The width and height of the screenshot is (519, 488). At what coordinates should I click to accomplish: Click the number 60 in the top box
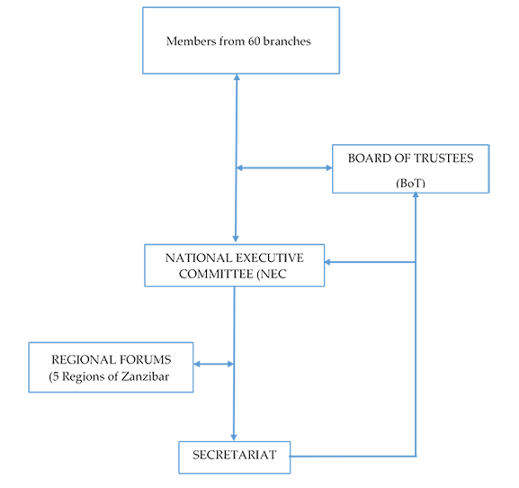pos(255,41)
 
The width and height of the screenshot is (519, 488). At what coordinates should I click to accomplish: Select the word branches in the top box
pos(287,41)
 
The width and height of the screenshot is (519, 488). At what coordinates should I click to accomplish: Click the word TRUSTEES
pos(443,158)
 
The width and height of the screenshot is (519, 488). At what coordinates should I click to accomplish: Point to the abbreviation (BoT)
pos(410,183)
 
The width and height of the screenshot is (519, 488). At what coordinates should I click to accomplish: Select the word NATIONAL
pos(199,258)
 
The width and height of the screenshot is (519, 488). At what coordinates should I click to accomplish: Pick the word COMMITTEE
pos(216,274)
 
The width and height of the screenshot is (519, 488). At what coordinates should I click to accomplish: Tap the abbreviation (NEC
pos(272,274)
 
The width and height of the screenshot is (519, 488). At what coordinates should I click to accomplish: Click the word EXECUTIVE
pos(270,258)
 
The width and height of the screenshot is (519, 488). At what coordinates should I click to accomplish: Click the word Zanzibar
pos(145,376)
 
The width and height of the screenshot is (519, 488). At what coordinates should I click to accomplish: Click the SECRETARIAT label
pos(235,455)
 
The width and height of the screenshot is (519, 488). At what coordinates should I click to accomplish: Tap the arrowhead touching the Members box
pos(237,77)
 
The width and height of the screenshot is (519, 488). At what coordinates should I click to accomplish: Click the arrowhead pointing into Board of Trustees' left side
pos(329,168)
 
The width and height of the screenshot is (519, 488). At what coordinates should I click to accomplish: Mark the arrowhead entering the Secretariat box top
pos(234,438)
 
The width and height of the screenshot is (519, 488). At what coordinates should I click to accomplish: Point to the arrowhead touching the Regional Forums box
pos(197,364)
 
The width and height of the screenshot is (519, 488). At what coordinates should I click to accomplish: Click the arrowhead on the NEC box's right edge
pos(327,262)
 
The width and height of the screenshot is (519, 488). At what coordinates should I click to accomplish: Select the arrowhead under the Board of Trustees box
pos(416,195)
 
